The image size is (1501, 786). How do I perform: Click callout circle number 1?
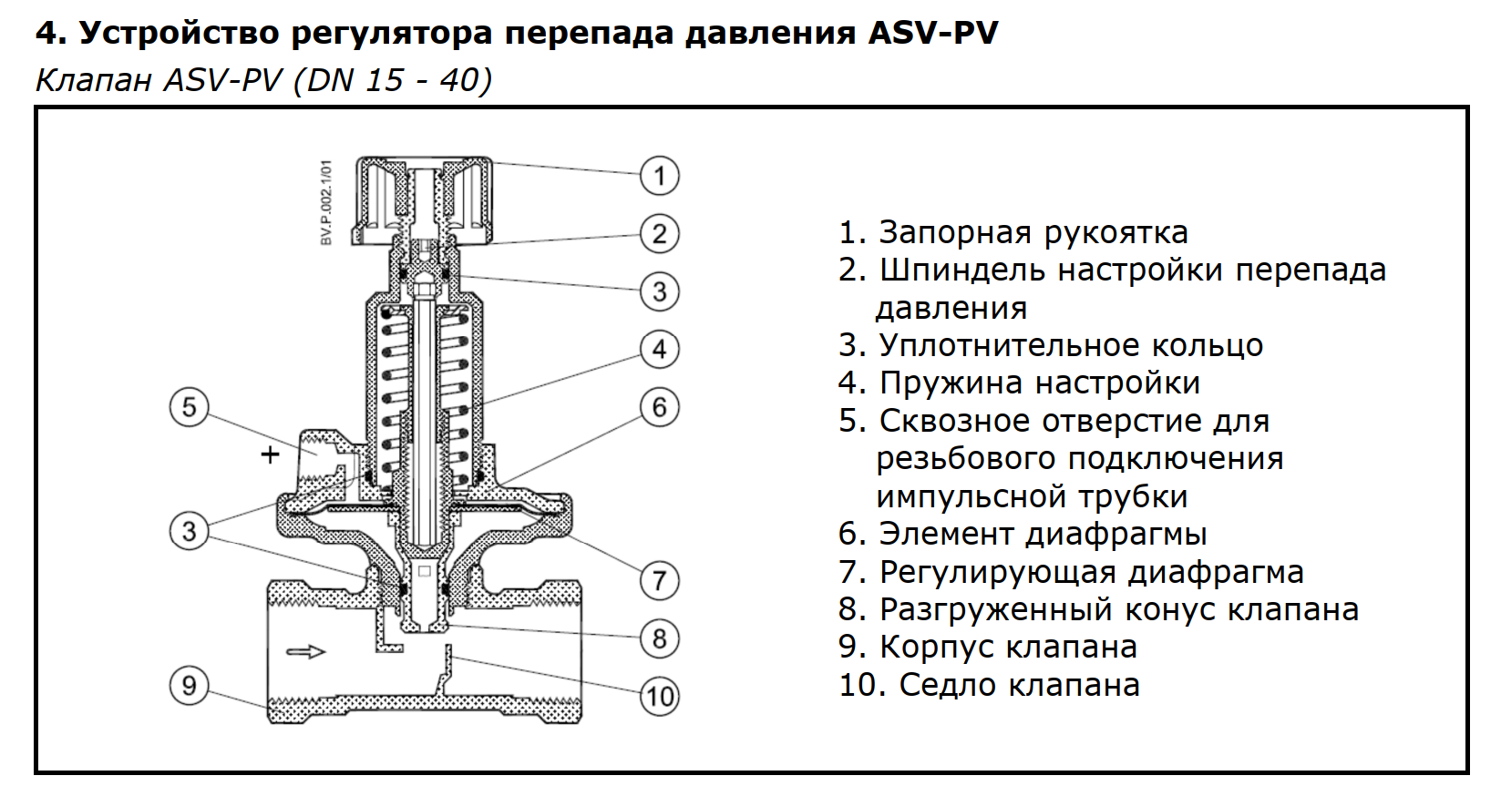660,176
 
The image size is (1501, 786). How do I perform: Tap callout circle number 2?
660,234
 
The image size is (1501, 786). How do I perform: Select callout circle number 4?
660,349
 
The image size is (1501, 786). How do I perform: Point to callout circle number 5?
189,406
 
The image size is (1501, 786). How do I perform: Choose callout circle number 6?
660,406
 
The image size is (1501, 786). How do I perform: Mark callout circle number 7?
660,580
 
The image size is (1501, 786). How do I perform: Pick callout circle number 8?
660,638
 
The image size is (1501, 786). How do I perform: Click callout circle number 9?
189,685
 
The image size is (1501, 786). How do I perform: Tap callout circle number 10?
660,696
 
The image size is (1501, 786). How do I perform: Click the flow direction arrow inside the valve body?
305,651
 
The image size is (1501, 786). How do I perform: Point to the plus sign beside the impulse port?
270,454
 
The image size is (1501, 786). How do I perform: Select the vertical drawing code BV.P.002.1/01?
326,202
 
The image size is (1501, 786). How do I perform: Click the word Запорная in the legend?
956,233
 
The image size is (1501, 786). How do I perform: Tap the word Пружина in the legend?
952,383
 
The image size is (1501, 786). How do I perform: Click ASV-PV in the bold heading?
932,33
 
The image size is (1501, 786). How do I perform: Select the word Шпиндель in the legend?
963,271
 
